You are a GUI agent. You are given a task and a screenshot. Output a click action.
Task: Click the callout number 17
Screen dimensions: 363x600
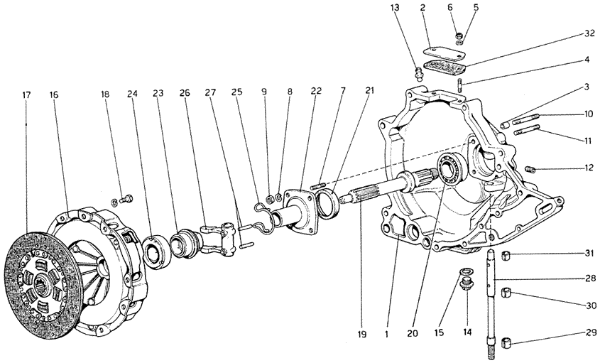point(26,94)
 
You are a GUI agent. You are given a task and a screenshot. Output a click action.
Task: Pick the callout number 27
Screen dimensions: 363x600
point(210,94)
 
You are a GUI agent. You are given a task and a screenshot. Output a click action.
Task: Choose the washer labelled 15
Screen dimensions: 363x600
point(465,271)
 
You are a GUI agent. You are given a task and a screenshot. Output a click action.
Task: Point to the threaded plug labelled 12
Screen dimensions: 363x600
point(535,168)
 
